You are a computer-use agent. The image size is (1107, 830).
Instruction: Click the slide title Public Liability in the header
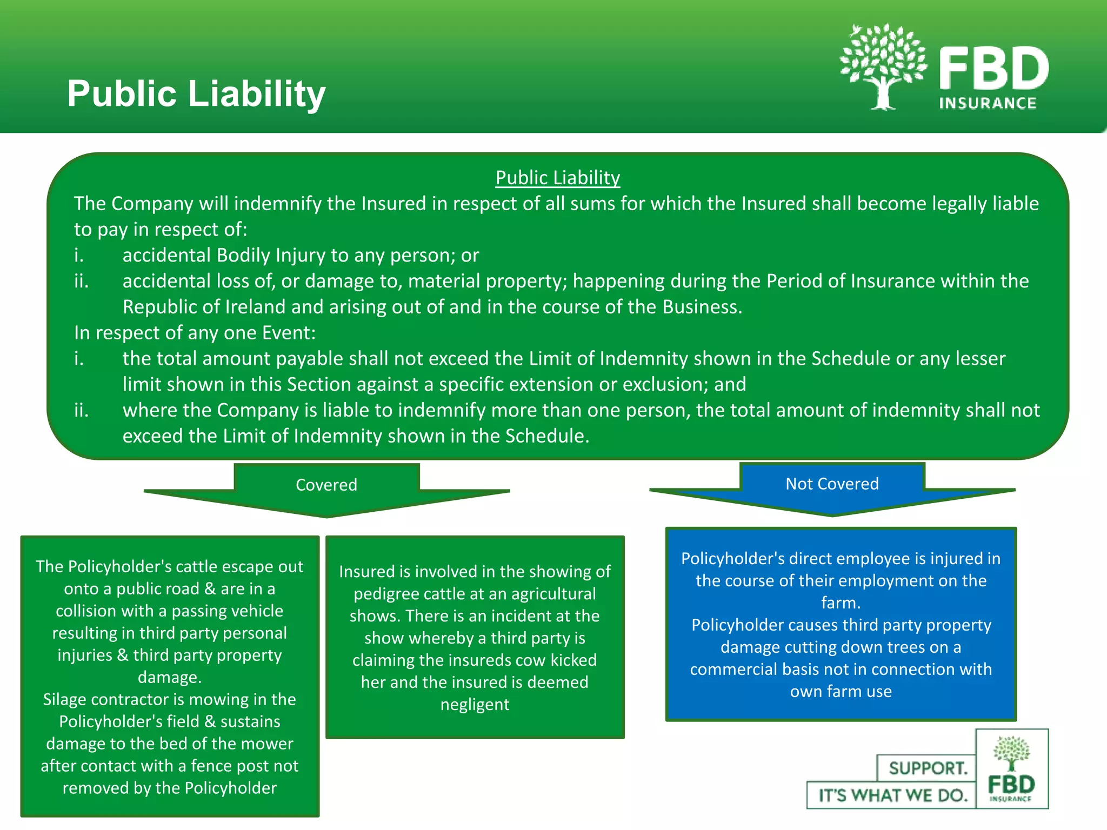point(196,93)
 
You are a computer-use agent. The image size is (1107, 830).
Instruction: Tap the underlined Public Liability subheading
point(557,178)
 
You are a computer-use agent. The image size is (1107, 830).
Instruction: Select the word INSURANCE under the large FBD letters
point(988,103)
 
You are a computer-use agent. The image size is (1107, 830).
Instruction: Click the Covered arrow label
point(326,485)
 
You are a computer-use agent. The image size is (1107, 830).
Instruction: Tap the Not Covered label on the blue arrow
point(832,484)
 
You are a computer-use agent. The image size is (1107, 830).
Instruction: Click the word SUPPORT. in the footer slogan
point(928,768)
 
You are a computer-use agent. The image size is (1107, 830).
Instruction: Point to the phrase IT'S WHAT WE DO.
point(892,795)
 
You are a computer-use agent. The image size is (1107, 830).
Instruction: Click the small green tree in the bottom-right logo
point(1011,753)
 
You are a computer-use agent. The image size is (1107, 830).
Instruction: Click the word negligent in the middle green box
point(475,705)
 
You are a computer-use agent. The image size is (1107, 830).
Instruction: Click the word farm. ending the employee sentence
point(841,603)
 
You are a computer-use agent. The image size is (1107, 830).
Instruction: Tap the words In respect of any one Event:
point(195,333)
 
